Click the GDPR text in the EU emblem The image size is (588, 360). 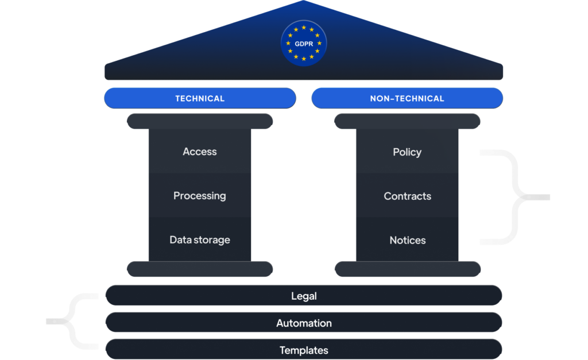(304, 43)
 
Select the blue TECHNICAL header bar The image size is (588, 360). (200, 98)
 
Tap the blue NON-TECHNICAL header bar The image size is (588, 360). (407, 98)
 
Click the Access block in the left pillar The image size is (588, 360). (200, 152)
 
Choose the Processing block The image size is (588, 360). (200, 196)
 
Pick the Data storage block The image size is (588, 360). (200, 240)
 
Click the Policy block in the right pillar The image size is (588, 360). (407, 152)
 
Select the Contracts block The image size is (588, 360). (407, 196)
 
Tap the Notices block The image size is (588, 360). (407, 240)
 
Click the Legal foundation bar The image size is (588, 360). (304, 296)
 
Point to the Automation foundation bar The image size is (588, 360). (304, 323)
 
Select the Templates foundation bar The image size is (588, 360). (304, 350)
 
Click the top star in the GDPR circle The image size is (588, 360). (304, 27)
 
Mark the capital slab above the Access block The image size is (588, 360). (200, 121)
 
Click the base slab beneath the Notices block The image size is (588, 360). (407, 269)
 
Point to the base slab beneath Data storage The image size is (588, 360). (200, 269)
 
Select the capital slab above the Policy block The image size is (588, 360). (407, 121)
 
